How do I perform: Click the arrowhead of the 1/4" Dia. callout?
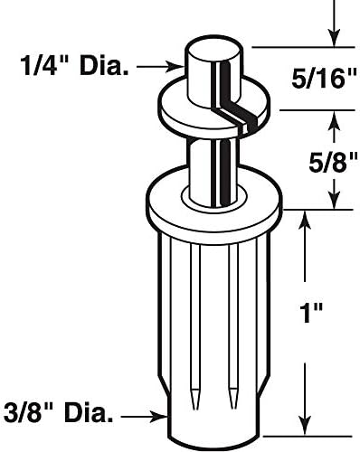(x=179, y=65)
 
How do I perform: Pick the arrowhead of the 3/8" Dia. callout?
(x=166, y=416)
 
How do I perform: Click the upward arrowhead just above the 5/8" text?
(x=335, y=116)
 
